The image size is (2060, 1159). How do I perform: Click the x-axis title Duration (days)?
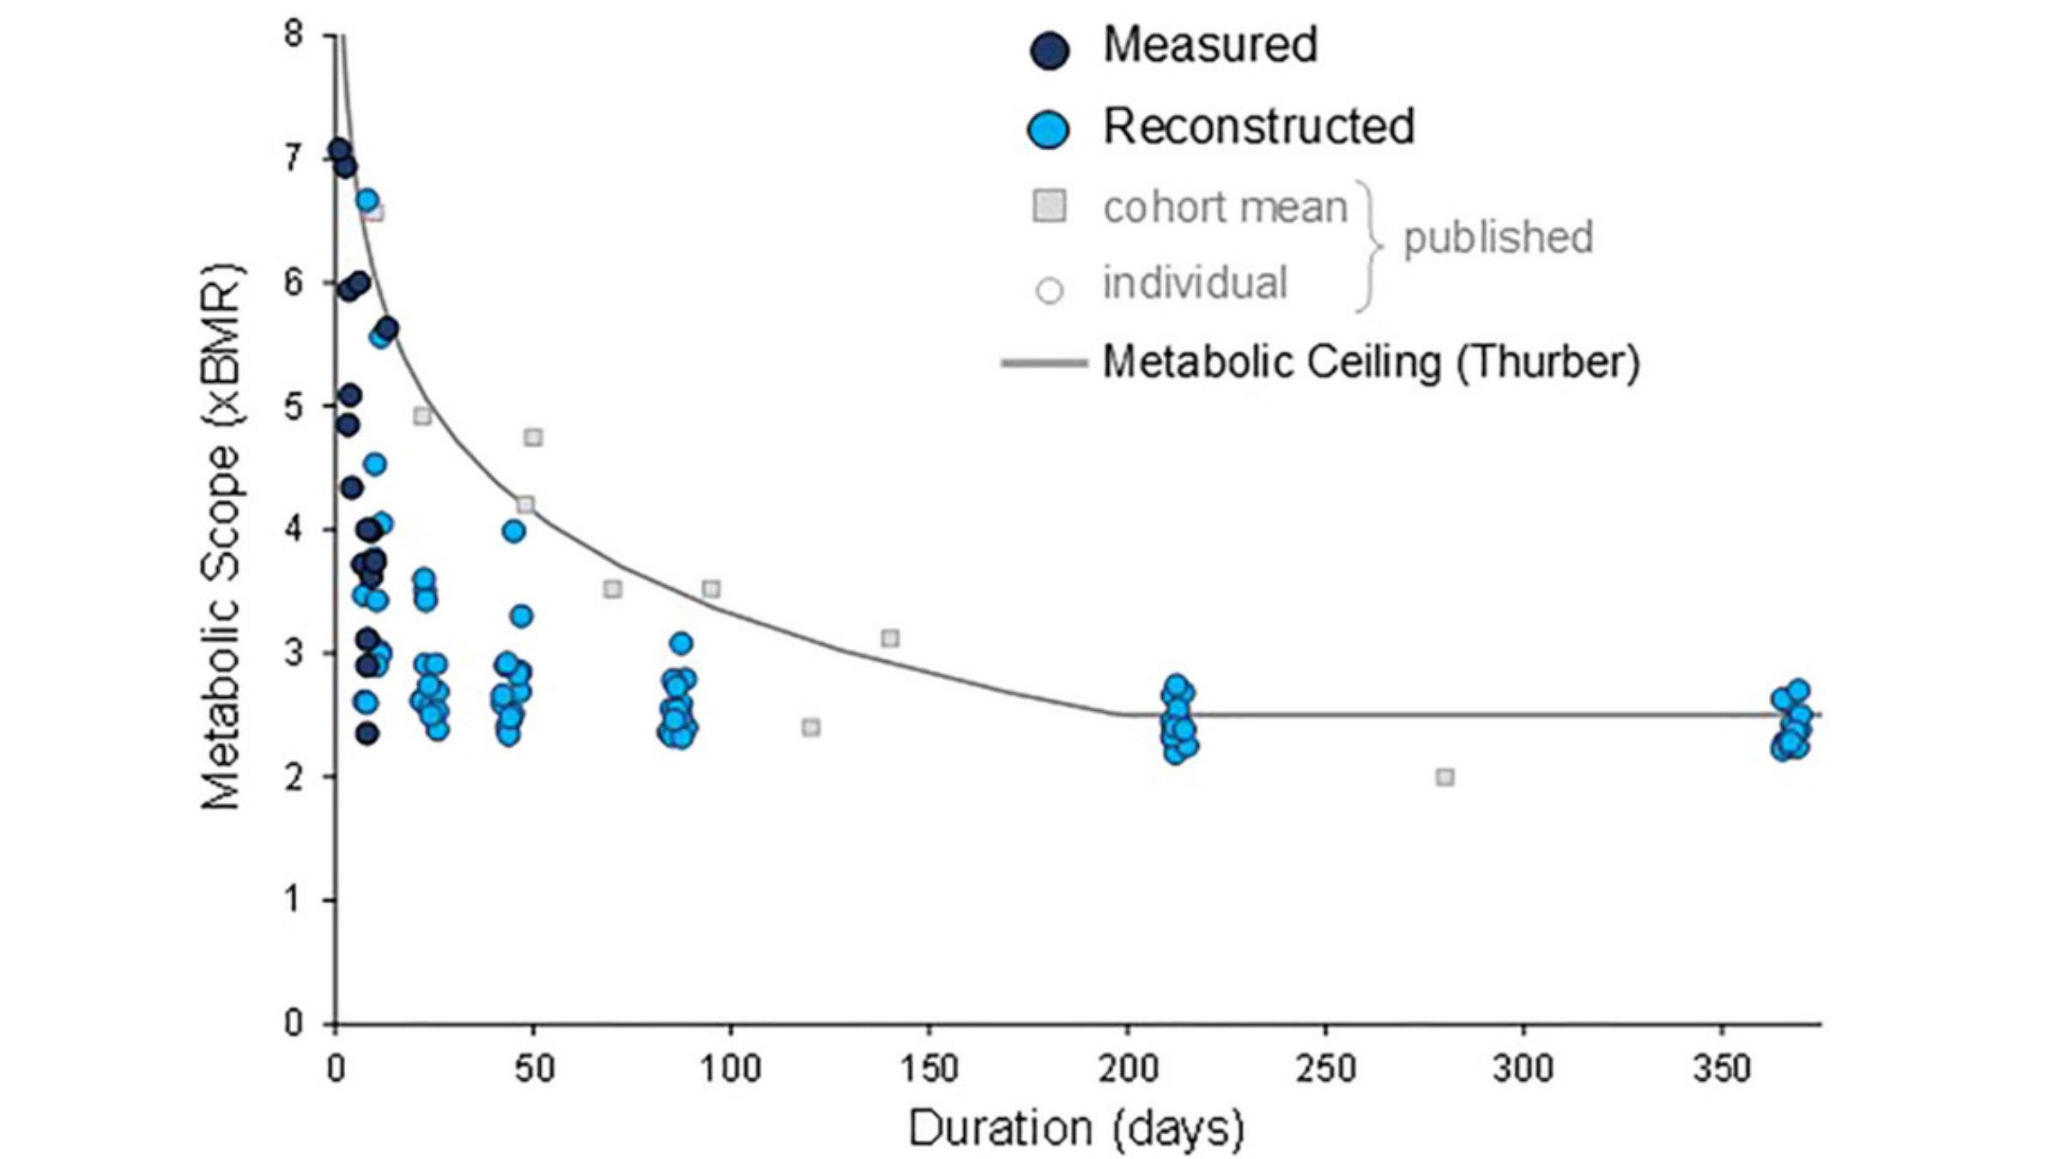pyautogui.click(x=1076, y=1128)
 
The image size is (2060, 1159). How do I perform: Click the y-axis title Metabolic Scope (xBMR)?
pyautogui.click(x=221, y=537)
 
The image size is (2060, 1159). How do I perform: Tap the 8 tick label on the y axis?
pyautogui.click(x=294, y=35)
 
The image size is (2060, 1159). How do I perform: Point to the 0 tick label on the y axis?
pyautogui.click(x=294, y=1023)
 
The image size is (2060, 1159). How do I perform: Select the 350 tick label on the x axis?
pyautogui.click(x=1722, y=1070)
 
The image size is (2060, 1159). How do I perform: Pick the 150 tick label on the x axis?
pyautogui.click(x=929, y=1070)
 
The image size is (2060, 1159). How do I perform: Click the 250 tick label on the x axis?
pyautogui.click(x=1325, y=1070)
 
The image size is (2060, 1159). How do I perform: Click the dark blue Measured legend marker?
pyautogui.click(x=1050, y=51)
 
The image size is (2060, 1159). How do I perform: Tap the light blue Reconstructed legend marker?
pyautogui.click(x=1049, y=130)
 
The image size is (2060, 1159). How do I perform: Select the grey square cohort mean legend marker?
pyautogui.click(x=1049, y=206)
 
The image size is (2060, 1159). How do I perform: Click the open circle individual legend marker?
pyautogui.click(x=1050, y=290)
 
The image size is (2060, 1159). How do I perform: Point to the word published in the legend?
pyautogui.click(x=1498, y=238)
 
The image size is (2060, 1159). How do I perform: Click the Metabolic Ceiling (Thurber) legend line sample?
pyautogui.click(x=1044, y=363)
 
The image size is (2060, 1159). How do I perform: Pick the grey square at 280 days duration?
pyautogui.click(x=1445, y=777)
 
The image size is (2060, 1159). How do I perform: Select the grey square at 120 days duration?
pyautogui.click(x=811, y=728)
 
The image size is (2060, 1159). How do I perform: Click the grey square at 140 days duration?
pyautogui.click(x=890, y=638)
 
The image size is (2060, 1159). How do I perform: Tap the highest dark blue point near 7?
pyautogui.click(x=338, y=149)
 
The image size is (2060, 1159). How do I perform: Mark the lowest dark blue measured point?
pyautogui.click(x=367, y=733)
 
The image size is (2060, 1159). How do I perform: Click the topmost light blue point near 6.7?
pyautogui.click(x=367, y=200)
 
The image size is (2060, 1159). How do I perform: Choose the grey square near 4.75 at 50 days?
pyautogui.click(x=533, y=438)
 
